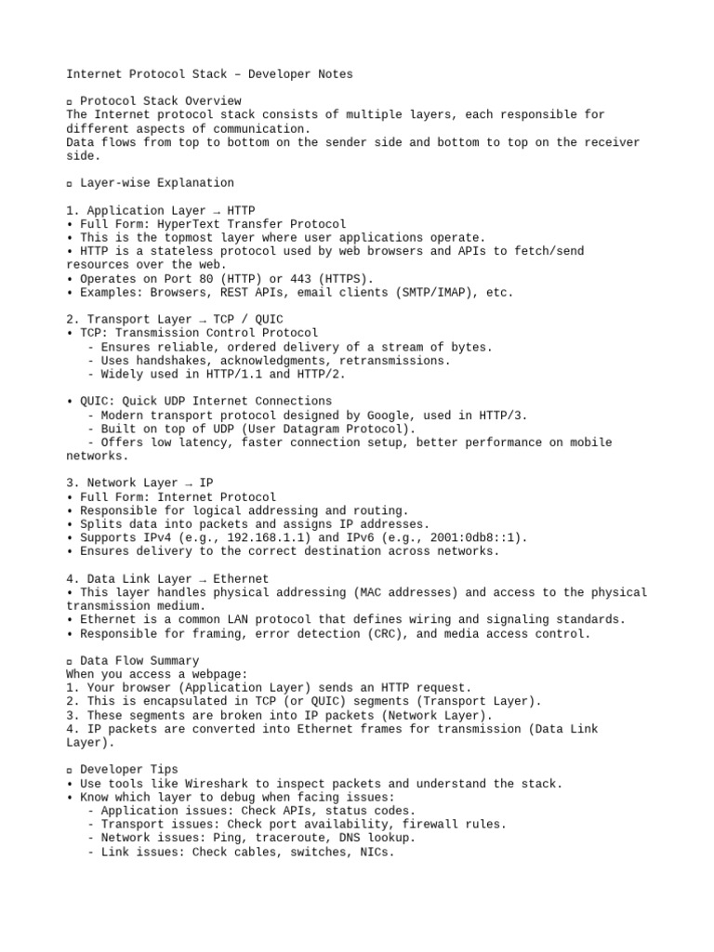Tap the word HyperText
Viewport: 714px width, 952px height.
point(189,224)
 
